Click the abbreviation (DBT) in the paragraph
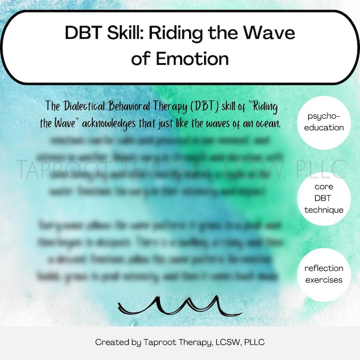[x=199, y=107]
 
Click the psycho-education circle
[x=324, y=122]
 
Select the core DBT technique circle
[x=324, y=199]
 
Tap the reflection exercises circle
[x=324, y=274]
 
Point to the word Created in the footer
[x=111, y=342]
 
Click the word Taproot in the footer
[x=159, y=342]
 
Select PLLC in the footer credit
[x=254, y=342]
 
